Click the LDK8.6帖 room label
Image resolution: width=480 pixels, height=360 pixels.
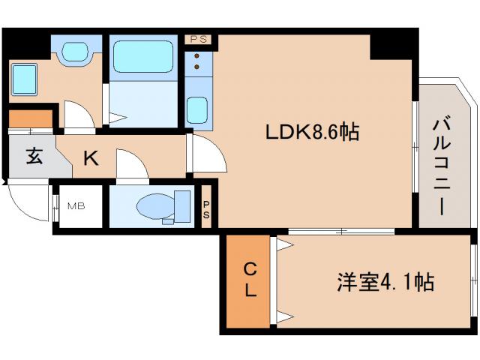coord(311,133)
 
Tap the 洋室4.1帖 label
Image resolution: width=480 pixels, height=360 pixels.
coord(384,283)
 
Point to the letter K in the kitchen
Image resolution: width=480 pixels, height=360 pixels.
coord(90,159)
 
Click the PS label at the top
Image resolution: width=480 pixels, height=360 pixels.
coord(198,37)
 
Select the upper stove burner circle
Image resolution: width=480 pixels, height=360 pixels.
coord(196,55)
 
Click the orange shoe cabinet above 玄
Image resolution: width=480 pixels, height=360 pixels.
coord(30,119)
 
